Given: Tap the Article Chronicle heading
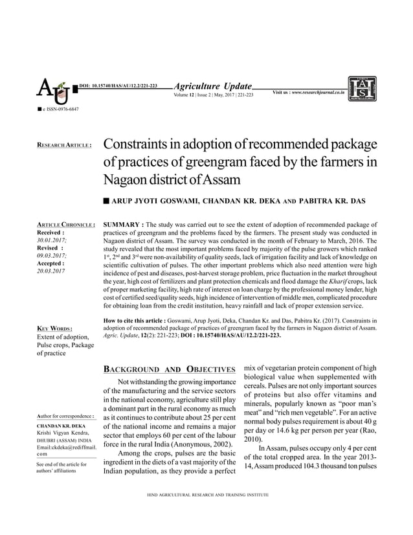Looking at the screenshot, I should (x=67, y=225).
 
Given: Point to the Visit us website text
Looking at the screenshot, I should (x=307, y=93).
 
